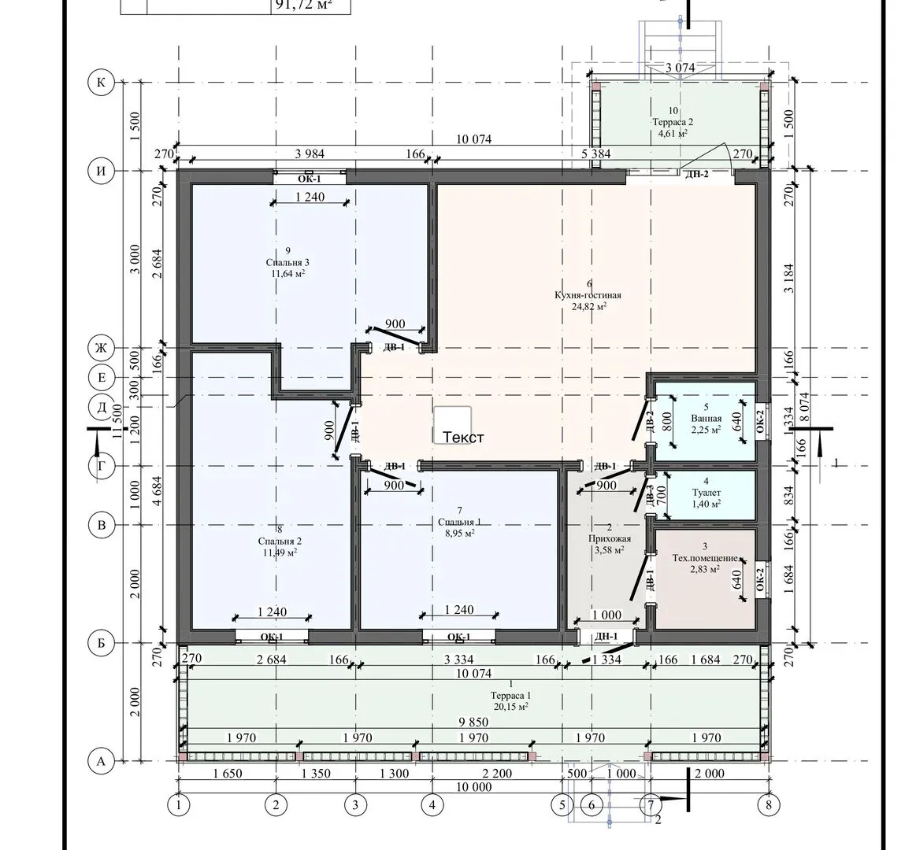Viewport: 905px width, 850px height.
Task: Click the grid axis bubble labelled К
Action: click(x=101, y=83)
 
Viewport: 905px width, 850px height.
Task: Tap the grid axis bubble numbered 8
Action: click(x=768, y=804)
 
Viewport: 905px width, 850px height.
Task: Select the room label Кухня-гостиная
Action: click(x=588, y=295)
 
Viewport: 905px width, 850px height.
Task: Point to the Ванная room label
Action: click(x=707, y=418)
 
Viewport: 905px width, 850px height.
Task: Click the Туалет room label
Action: click(x=707, y=493)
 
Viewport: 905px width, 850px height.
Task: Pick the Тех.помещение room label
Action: click(x=705, y=558)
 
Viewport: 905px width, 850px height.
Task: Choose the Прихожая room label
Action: click(x=610, y=538)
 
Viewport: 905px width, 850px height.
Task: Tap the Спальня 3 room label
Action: click(x=288, y=262)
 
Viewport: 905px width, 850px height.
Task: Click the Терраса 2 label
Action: click(x=673, y=122)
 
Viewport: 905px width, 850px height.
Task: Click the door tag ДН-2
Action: click(x=696, y=174)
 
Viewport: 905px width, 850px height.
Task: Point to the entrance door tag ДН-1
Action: click(x=606, y=637)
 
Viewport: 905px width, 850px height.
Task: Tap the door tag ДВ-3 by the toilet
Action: click(x=650, y=496)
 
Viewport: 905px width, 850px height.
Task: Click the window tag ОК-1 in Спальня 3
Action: click(x=310, y=179)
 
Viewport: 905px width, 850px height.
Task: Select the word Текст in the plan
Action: click(x=463, y=437)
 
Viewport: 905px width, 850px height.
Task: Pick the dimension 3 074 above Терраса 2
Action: click(x=680, y=68)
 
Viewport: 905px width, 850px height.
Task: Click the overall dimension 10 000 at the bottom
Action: click(x=474, y=787)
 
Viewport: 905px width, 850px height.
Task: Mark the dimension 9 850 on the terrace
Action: click(x=473, y=722)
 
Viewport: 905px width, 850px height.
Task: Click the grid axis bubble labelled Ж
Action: click(x=101, y=348)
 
